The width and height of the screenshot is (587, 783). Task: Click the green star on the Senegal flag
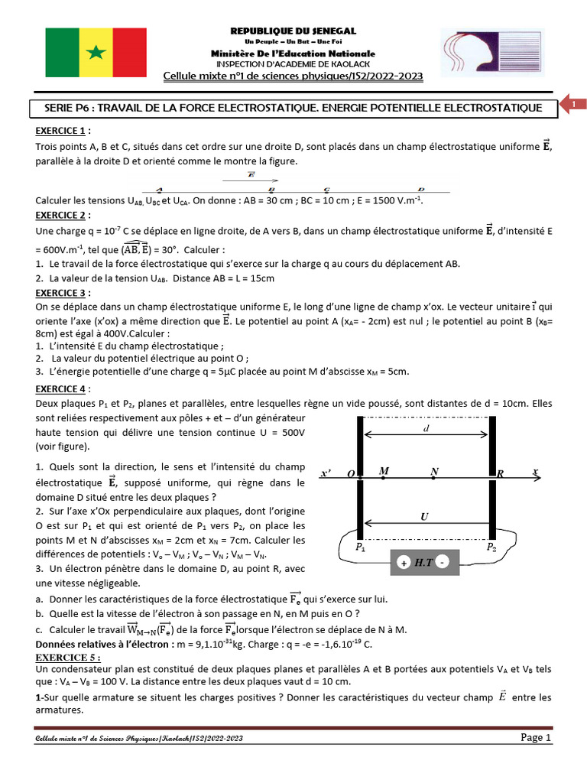96,52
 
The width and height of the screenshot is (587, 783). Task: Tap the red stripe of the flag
125,52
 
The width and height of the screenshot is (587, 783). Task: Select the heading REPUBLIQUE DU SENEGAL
293,31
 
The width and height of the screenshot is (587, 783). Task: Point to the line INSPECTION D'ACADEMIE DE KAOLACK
293,64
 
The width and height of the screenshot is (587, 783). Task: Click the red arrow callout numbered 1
574,104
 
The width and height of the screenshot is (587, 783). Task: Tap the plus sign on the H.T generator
403,564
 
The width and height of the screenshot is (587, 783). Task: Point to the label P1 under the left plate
361,547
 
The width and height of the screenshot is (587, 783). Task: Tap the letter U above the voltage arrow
424,517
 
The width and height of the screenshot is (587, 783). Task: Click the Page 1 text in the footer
536,737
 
